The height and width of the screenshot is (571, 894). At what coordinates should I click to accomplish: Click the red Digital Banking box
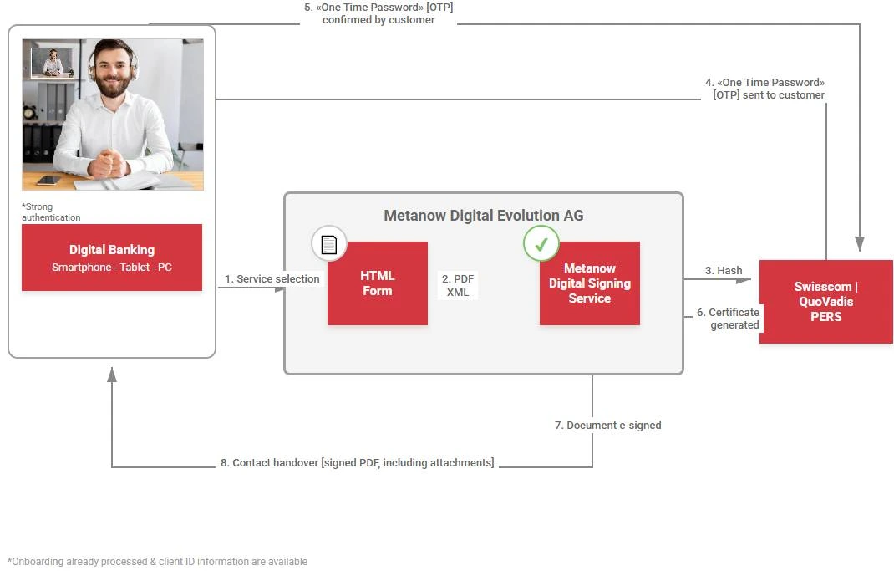click(x=112, y=257)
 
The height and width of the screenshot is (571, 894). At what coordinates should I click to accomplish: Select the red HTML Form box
click(x=377, y=283)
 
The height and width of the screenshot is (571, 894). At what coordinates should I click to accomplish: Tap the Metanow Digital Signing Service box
click(x=589, y=283)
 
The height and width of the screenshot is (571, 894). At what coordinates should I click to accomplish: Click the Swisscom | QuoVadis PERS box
click(x=825, y=301)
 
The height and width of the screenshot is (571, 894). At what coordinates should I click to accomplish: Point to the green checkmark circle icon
click(x=541, y=244)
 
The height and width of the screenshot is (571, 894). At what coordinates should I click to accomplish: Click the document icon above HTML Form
click(x=329, y=244)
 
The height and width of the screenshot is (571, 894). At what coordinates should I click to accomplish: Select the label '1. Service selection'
click(x=272, y=279)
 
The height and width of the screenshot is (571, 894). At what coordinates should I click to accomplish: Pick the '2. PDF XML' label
click(x=458, y=286)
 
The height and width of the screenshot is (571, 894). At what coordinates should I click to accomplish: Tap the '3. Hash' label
click(x=724, y=271)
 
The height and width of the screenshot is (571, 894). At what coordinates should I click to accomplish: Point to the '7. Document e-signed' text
click(x=607, y=426)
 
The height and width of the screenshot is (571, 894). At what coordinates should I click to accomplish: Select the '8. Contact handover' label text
click(x=357, y=463)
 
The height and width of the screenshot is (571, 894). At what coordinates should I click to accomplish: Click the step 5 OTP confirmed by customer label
click(x=378, y=13)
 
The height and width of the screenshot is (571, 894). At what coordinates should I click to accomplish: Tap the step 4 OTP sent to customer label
click(x=765, y=89)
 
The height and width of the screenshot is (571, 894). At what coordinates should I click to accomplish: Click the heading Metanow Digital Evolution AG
click(x=483, y=216)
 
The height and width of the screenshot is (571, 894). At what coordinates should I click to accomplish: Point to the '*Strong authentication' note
click(x=51, y=212)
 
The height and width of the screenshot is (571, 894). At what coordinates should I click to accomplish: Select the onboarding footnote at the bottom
click(x=157, y=562)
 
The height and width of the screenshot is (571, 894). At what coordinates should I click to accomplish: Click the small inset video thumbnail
click(x=53, y=63)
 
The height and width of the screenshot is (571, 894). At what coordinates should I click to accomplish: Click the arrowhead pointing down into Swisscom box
click(x=860, y=244)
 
